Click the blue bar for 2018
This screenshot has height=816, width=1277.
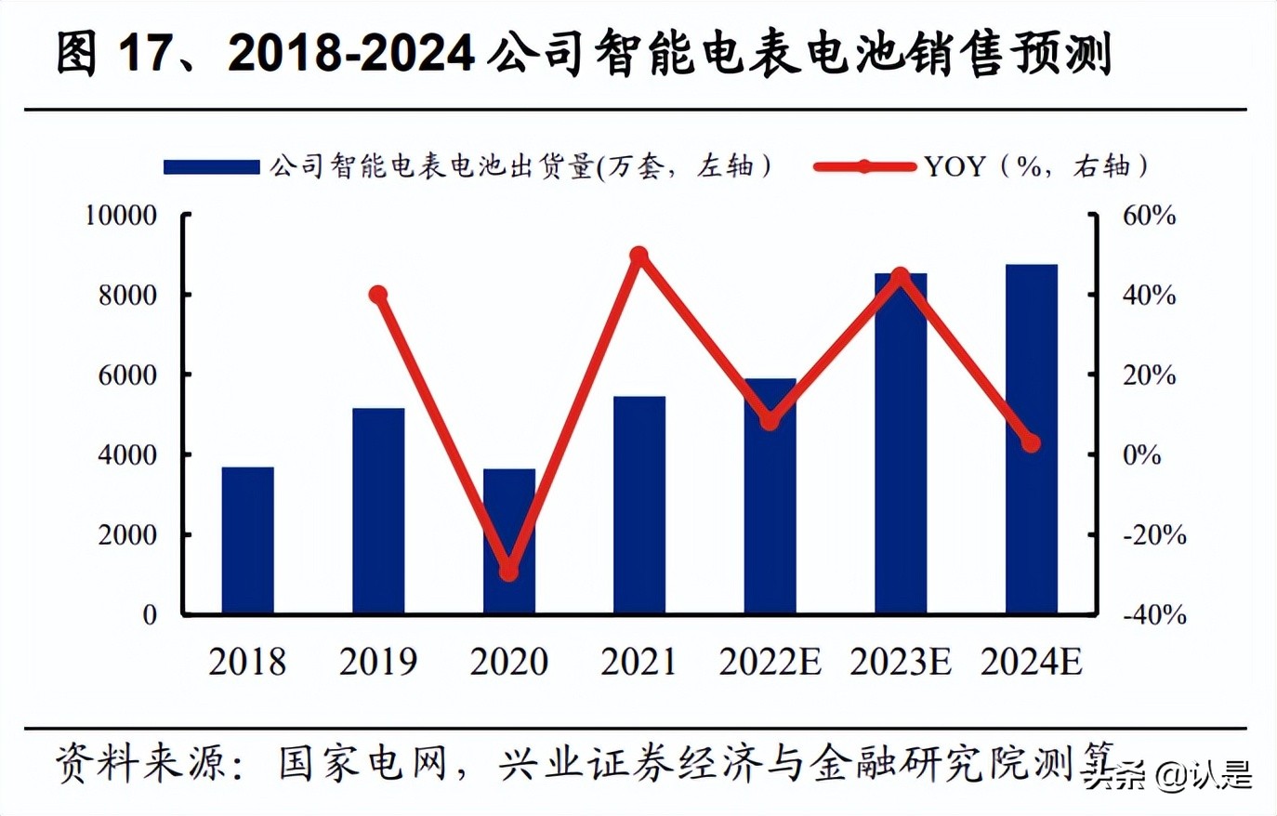(247, 540)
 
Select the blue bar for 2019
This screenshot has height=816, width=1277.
(378, 511)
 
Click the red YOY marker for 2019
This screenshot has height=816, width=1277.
(378, 295)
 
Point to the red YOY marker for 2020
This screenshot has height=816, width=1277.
(508, 572)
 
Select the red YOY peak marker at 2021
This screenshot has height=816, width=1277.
(639, 255)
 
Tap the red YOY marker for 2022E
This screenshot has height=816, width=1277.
(770, 421)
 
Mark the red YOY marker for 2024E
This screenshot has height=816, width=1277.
(1031, 443)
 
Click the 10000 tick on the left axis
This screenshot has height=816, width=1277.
(121, 216)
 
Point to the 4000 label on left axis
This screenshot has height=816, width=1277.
(127, 455)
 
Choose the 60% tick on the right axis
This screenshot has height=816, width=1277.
(1149, 216)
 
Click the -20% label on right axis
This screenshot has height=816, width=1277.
(1154, 535)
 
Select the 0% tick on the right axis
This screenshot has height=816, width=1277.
(1142, 455)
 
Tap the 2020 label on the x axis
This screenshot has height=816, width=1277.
(508, 662)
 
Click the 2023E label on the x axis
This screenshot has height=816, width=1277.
(901, 662)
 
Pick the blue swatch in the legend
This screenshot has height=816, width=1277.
(211, 167)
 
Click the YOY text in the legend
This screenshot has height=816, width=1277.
(954, 166)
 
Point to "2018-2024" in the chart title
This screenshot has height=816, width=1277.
(351, 54)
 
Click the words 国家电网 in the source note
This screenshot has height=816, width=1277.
(362, 764)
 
